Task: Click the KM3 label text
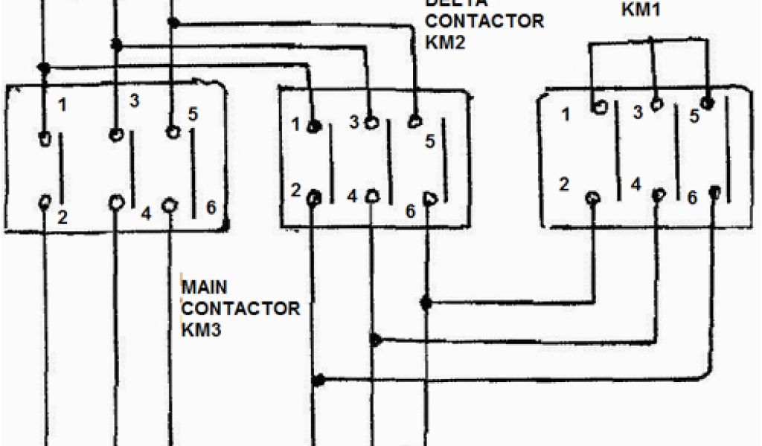coord(202,329)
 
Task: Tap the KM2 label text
coord(445,42)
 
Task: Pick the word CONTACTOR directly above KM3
coord(241,308)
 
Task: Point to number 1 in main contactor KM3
coord(63,106)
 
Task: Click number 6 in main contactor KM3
coord(211,207)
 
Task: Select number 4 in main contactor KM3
coord(146,214)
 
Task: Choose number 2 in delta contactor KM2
coord(296,190)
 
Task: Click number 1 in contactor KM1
coord(567,114)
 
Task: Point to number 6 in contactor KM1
coord(692,198)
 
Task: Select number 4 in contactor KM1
coord(635,183)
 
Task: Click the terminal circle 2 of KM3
coord(46,202)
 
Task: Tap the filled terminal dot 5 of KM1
coord(708,101)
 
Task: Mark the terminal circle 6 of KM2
coord(429,198)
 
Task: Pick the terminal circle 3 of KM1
coord(656,106)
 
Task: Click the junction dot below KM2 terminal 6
coord(426,303)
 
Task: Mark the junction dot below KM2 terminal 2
coord(318,381)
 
